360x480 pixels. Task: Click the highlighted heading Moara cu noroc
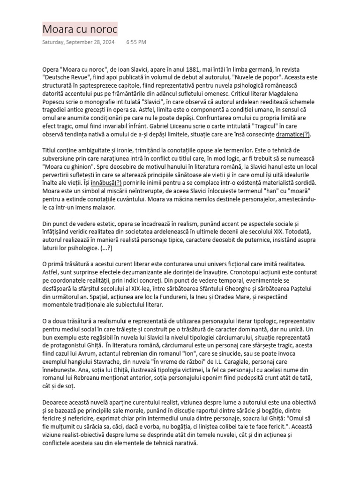(80, 29)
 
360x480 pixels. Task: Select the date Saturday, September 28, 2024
(78, 42)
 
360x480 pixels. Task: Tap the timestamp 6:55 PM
(136, 42)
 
